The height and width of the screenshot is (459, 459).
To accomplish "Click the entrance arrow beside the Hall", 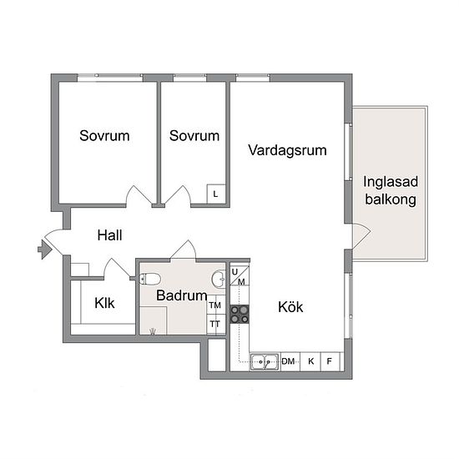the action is [45, 250].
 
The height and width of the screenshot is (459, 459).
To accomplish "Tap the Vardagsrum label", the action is [287, 150].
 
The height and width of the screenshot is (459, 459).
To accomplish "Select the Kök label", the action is [290, 307].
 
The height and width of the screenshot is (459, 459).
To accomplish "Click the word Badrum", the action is [181, 295].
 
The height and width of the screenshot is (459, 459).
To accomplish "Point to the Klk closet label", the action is [104, 303].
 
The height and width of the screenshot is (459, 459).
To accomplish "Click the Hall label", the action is [109, 235].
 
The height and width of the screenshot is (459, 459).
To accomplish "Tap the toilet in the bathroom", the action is [150, 279].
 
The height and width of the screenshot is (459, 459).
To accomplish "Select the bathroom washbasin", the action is [219, 280].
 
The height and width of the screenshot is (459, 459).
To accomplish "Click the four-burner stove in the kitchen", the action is [240, 314].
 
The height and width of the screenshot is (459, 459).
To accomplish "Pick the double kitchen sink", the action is [264, 362].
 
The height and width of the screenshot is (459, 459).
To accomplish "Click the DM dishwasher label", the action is [288, 361].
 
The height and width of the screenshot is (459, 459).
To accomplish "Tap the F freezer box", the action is [330, 362].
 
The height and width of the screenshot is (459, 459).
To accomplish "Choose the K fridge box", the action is [310, 362].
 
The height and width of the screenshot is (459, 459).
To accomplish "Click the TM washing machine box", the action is [216, 305].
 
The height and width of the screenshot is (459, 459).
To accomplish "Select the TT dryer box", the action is [216, 325].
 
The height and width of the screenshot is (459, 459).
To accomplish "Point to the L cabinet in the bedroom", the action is [216, 194].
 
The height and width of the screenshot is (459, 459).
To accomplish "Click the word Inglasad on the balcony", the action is [391, 182].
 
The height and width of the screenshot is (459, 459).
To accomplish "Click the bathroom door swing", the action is [184, 250].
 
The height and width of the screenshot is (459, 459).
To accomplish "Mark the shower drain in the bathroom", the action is [153, 331].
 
